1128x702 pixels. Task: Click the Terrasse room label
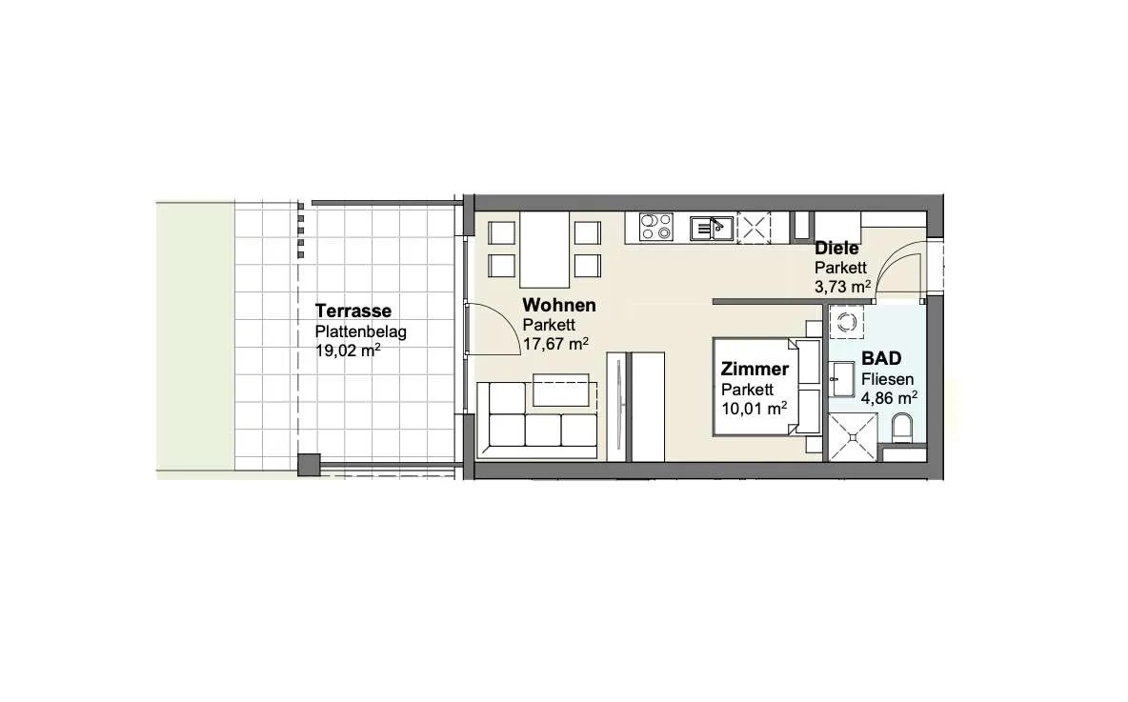pos(353,311)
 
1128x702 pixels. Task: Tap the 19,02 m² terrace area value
pos(348,351)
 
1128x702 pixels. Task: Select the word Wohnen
pos(559,305)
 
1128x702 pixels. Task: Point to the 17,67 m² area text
pos(555,344)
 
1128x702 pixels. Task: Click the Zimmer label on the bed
pos(755,369)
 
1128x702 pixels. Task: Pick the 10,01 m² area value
pos(754,409)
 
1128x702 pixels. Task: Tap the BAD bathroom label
pos(881,358)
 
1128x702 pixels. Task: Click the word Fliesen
pos(888,379)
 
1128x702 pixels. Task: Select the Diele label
pos(836,249)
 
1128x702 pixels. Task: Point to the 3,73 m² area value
pos(842,287)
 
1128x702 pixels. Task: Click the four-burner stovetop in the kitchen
pos(656,228)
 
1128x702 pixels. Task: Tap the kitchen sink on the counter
pos(712,228)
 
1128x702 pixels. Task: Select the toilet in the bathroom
pos(901,429)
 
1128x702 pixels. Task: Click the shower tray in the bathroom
pos(853,436)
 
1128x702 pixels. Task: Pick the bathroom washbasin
pos(841,379)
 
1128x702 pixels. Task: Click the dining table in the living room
pos(545,250)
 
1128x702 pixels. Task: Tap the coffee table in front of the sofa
pos(561,391)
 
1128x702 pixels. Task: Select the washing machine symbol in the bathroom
pos(846,322)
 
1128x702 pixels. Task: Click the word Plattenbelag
pos(360,332)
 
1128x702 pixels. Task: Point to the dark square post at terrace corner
pos(309,465)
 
